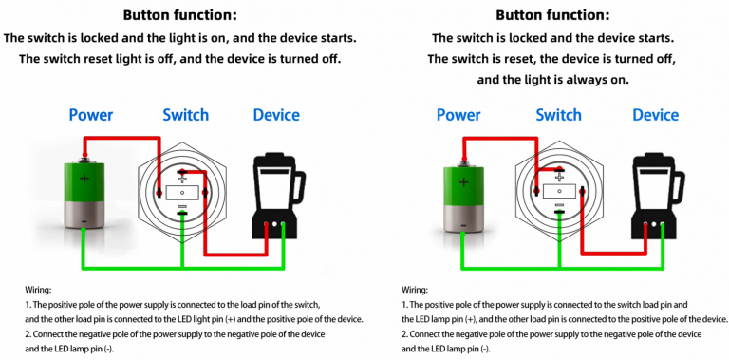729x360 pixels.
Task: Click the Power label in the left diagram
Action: [91, 115]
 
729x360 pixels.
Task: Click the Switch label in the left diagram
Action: [185, 115]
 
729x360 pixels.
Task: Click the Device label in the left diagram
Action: [276, 115]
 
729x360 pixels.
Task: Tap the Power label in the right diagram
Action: [458, 115]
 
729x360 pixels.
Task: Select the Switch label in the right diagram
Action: [558, 115]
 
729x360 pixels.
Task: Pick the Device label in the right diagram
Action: [655, 115]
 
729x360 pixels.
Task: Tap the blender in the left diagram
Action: [274, 194]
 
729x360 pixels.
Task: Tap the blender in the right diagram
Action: [653, 194]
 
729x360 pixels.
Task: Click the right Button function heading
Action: [553, 15]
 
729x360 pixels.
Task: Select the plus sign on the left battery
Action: [85, 178]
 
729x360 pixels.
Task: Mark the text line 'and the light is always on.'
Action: [552, 79]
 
